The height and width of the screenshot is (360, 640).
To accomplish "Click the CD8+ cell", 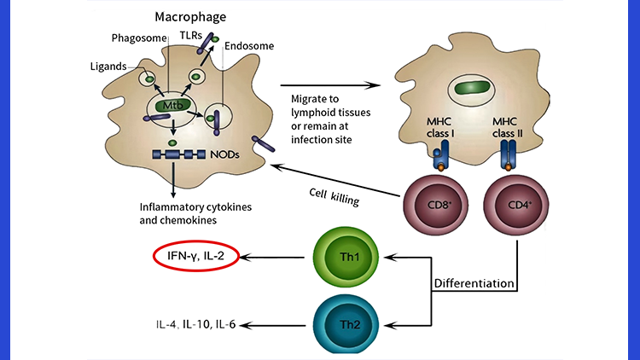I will [435, 205].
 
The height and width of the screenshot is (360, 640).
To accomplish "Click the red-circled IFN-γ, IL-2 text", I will [195, 255].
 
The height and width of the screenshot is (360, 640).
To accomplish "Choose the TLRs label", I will [193, 36].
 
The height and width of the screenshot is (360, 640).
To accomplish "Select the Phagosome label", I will [137, 38].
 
